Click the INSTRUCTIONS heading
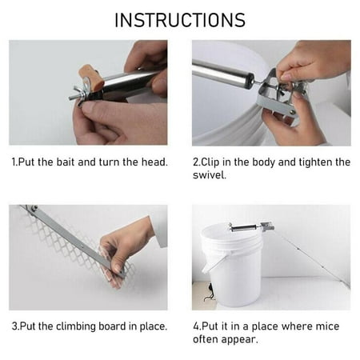click(179, 20)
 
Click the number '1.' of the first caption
click(15, 162)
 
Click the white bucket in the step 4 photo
click(237, 268)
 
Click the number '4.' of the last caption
click(198, 326)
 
